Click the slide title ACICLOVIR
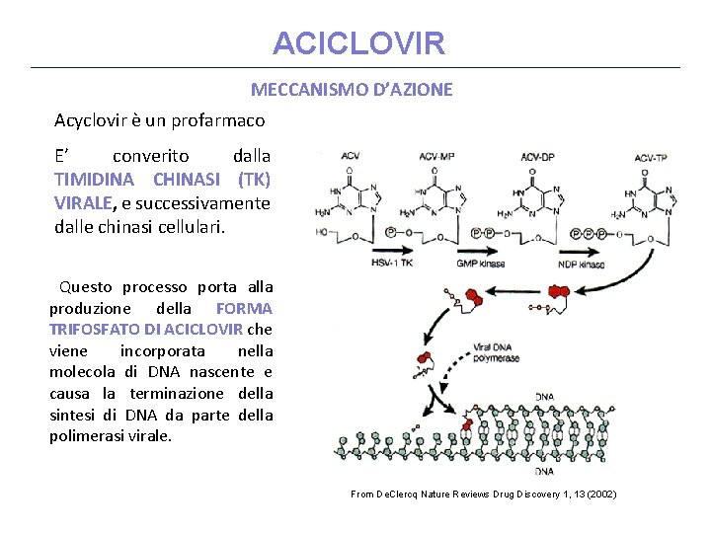[x=359, y=43]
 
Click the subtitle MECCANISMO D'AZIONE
[x=352, y=90]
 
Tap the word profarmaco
[x=219, y=120]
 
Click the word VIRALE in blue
[x=84, y=203]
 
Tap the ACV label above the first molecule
[x=350, y=157]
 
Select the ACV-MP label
[x=436, y=157]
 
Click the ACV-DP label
[x=537, y=157]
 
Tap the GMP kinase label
[x=481, y=264]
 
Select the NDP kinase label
[x=582, y=264]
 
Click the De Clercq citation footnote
[x=483, y=494]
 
